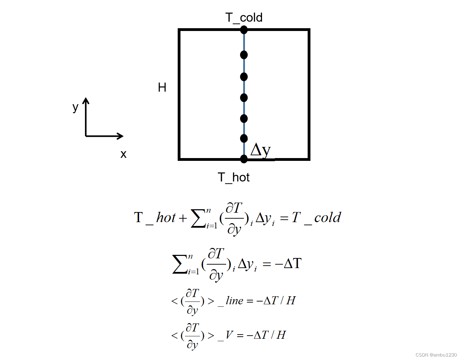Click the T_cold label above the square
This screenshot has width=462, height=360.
[x=244, y=17]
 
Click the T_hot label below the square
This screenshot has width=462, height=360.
[x=234, y=178]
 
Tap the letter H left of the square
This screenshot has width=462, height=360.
[x=162, y=87]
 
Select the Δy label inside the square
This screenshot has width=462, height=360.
[x=260, y=150]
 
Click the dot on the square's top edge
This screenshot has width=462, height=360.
[x=244, y=30]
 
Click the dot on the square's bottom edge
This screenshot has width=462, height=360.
[x=244, y=159]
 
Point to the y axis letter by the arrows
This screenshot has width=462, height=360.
[x=75, y=107]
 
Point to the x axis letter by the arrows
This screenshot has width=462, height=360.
[x=123, y=154]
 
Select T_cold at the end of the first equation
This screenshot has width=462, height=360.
[x=316, y=218]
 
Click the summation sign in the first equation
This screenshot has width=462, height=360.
[x=198, y=219]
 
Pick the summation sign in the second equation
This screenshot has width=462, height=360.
[x=179, y=264]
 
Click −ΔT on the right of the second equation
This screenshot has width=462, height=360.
[x=288, y=264]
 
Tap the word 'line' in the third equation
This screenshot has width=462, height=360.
[x=234, y=301]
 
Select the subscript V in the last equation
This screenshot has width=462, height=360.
[x=229, y=335]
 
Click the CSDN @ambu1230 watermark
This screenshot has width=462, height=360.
[x=436, y=355]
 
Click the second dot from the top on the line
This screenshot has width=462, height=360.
[x=244, y=55]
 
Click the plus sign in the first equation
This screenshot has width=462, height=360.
[x=183, y=218]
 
